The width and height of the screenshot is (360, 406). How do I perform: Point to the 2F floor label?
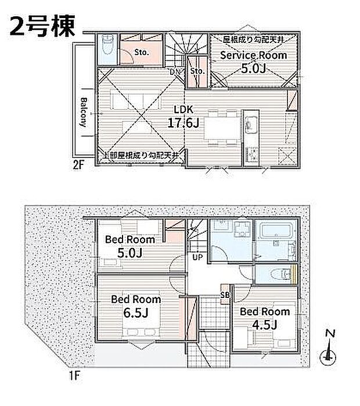tap(79, 164)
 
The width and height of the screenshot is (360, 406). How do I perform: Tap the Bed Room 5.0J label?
tap(129, 246)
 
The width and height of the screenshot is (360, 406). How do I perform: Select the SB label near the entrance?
tap(224, 296)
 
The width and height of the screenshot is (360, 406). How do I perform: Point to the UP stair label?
tap(198, 256)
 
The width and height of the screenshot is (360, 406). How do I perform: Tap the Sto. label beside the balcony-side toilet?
tap(142, 52)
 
